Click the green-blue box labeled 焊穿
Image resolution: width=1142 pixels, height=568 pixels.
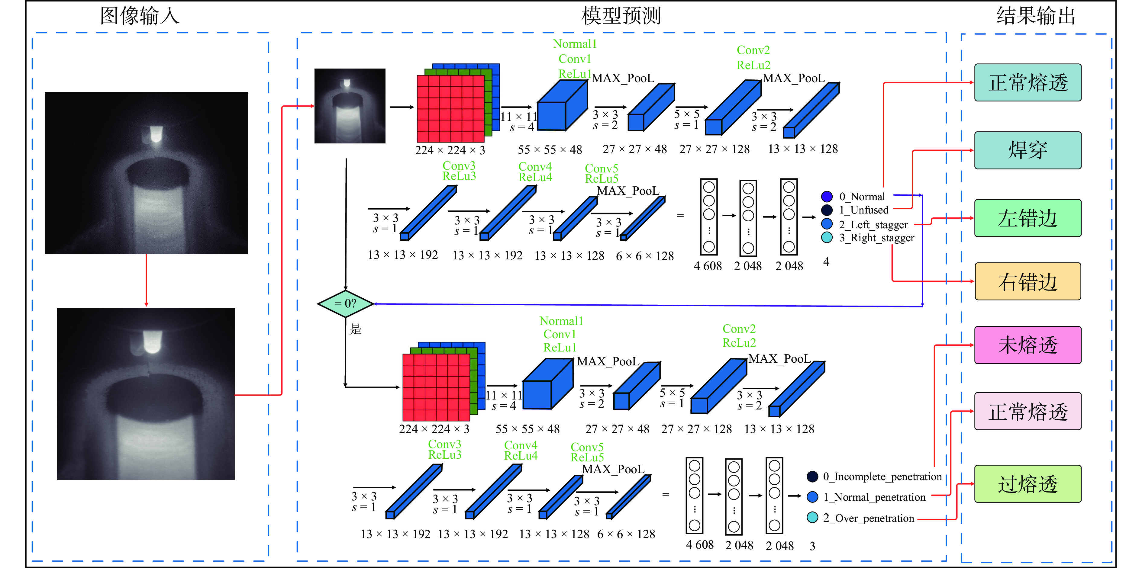coord(1027,150)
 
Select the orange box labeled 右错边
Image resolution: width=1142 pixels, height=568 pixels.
coord(1027,281)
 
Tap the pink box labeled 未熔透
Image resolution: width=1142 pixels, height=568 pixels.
coord(1027,345)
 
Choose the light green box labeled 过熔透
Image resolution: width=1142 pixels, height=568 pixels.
coord(1027,484)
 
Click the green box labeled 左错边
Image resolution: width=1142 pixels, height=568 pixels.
coord(1027,218)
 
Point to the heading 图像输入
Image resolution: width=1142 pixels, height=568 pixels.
coord(140,16)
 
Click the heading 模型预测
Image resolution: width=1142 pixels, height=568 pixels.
coord(621,16)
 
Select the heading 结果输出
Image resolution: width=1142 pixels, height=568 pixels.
coord(1036,16)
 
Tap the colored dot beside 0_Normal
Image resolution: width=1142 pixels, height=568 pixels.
coord(827,196)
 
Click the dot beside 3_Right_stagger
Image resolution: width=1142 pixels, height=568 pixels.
coord(827,237)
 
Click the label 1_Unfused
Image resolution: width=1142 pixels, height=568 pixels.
coord(863,210)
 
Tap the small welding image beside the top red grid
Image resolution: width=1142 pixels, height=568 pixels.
coord(350,106)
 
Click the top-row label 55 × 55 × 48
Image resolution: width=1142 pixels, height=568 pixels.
coord(550,150)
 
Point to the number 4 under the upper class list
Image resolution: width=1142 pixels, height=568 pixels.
coord(826,262)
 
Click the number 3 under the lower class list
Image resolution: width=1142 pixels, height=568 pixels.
coord(812,546)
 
